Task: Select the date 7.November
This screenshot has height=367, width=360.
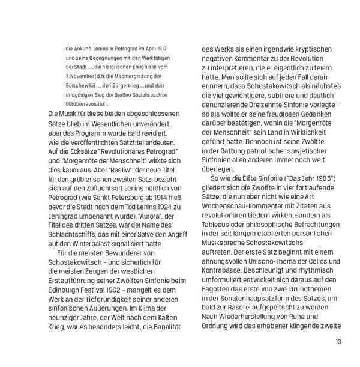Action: [x=79, y=76]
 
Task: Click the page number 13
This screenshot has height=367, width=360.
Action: [x=338, y=342]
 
